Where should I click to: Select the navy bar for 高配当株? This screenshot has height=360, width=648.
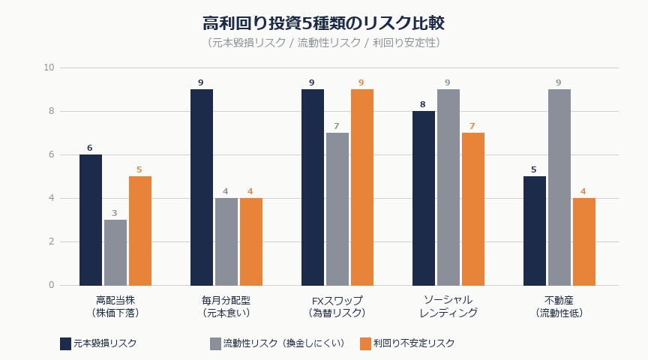click(91, 220)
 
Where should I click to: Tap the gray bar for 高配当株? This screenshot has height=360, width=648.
click(115, 252)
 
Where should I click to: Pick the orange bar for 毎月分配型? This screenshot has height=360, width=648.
click(251, 241)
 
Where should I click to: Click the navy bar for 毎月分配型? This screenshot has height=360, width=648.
click(202, 187)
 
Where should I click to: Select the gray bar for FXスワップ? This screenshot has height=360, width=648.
click(337, 208)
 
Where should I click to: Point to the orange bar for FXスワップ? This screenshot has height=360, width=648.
click(362, 187)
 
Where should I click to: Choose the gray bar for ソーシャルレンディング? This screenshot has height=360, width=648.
click(448, 187)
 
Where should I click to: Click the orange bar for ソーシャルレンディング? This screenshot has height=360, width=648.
click(473, 208)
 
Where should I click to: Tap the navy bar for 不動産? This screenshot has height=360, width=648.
click(535, 230)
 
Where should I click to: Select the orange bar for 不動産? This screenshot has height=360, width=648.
click(584, 241)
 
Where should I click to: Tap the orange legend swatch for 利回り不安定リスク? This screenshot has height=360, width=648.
click(366, 343)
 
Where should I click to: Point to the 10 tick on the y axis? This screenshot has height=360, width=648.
click(49, 67)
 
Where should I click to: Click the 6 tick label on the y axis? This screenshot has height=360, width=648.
click(52, 154)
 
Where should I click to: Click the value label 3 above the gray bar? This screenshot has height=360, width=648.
click(115, 213)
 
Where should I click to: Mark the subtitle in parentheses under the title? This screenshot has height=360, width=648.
click(324, 43)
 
